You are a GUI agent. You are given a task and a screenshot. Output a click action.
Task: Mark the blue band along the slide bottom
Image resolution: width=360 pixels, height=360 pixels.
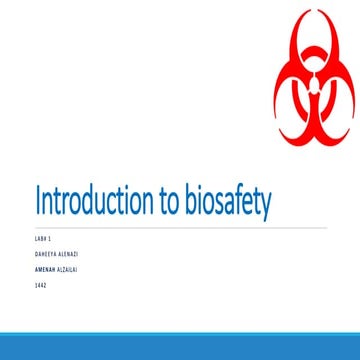pos(180,345)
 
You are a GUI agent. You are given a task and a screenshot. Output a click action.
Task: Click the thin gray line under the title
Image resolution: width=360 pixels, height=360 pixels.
pos(180,228)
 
